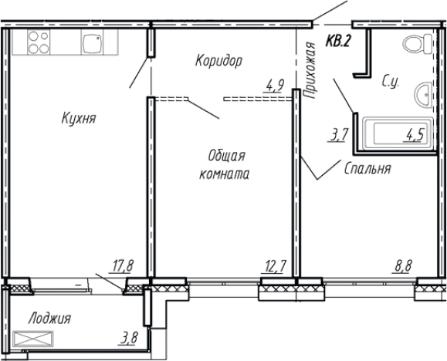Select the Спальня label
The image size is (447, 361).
pos(367,167)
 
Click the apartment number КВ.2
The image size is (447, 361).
pos(338,42)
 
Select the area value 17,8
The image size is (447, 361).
pos(123,266)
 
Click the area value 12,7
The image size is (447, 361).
pos(274,267)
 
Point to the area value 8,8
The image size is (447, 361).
pos(402,267)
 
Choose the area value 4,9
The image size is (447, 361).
pos(273,86)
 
